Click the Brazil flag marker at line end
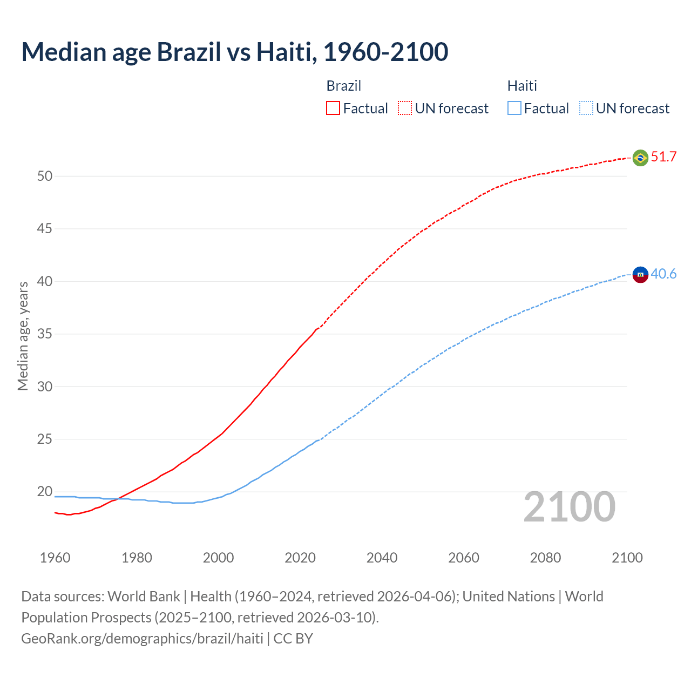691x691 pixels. tap(640, 158)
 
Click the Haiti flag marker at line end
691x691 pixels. tap(640, 274)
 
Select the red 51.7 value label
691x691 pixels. tap(663, 157)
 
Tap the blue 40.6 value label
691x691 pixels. tap(663, 274)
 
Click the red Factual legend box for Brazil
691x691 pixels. tap(333, 109)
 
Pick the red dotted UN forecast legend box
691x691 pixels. tap(405, 109)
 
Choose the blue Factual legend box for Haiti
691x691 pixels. tap(514, 109)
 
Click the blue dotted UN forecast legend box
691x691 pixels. tap(586, 109)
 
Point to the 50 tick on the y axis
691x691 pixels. tap(45, 176)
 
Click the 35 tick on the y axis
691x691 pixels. tap(45, 334)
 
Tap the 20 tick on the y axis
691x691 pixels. tap(45, 492)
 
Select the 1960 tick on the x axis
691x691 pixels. tap(55, 558)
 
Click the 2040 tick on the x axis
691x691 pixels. tap(382, 558)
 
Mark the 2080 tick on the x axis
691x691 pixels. tap(545, 558)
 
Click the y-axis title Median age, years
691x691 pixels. tap(23, 336)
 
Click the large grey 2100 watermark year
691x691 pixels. tap(569, 507)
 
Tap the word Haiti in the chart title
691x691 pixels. tap(286, 52)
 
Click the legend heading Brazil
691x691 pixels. tap(343, 86)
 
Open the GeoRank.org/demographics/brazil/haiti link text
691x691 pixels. tap(142, 639)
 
